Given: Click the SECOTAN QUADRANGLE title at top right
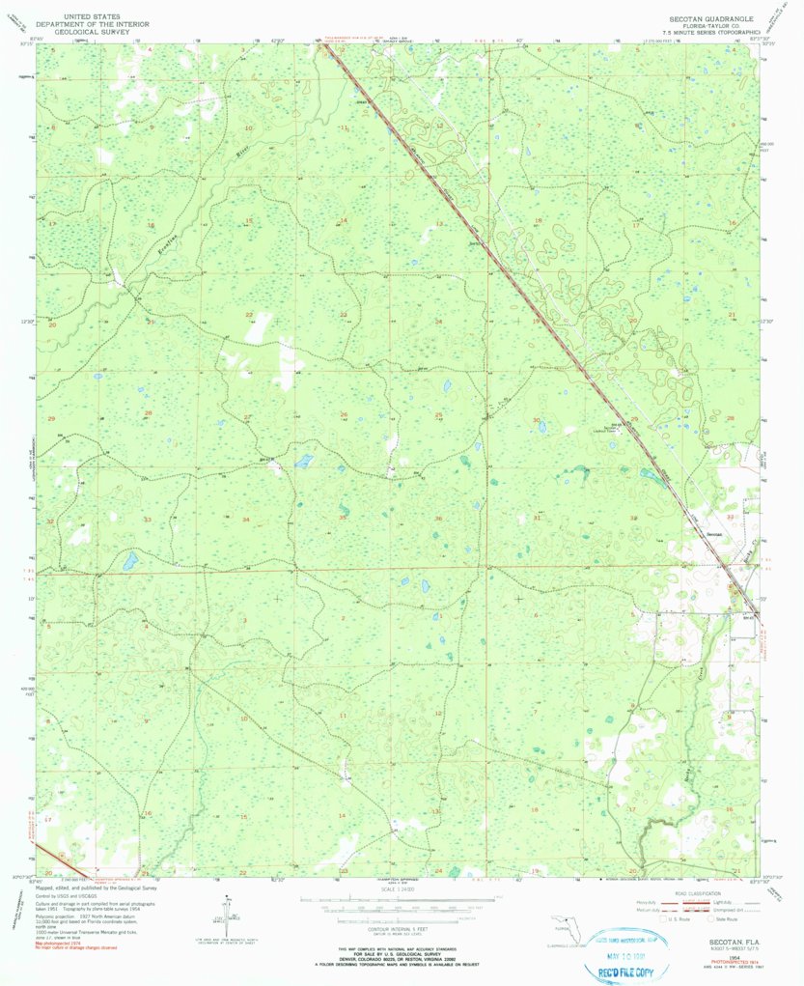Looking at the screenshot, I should coord(712,17).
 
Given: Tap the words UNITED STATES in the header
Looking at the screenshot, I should coord(93,16).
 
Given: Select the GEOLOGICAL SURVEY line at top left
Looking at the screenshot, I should coord(94,31).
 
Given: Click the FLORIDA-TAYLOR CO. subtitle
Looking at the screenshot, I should coord(712,25).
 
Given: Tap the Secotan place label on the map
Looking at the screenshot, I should coord(713,533).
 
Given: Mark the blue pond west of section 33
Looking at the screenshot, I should coord(129,560).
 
